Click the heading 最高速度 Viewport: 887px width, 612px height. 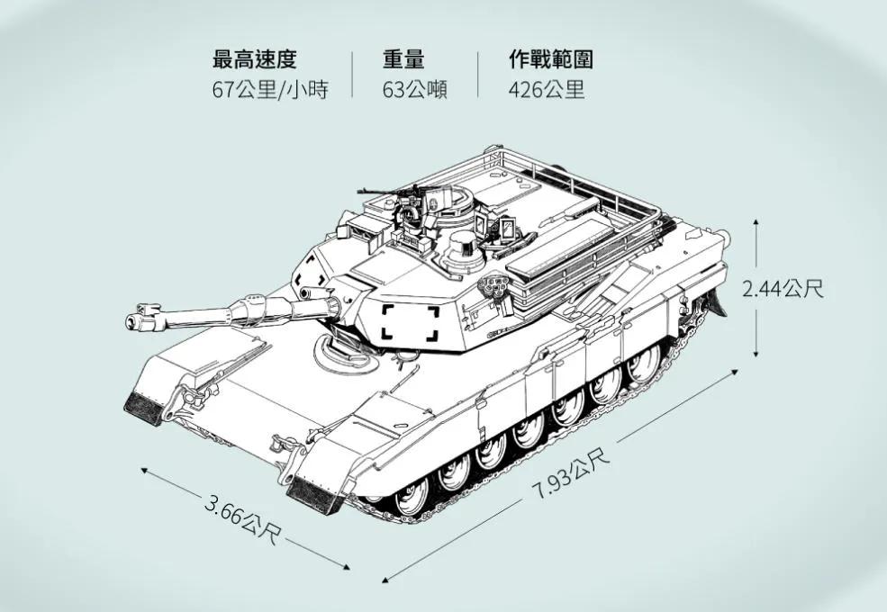[x=254, y=60]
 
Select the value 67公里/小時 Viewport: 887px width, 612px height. [x=269, y=90]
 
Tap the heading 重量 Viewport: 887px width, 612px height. [x=403, y=60]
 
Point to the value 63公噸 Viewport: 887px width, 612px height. [x=415, y=90]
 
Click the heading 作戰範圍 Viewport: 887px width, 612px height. [x=550, y=60]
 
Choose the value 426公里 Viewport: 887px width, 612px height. [x=546, y=90]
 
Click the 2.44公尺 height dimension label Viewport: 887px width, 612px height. [x=783, y=289]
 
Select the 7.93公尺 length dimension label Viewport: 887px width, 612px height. [x=570, y=474]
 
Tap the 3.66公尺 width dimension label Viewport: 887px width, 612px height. [x=242, y=521]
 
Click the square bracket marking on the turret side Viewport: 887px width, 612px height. [x=411, y=322]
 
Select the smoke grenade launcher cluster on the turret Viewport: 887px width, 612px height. [x=496, y=287]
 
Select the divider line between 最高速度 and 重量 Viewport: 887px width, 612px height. [x=352, y=75]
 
